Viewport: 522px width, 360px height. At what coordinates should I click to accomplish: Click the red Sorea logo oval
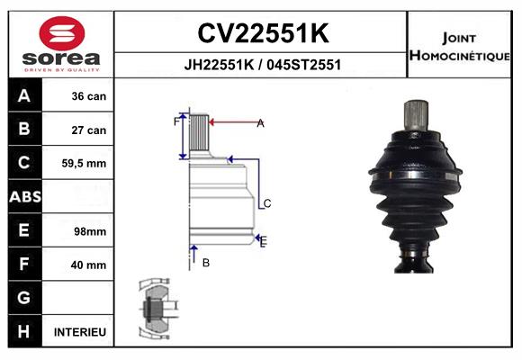(x=62, y=33)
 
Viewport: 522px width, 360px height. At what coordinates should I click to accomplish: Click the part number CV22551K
(x=263, y=32)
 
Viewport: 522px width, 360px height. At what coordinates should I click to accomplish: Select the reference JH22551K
(x=219, y=65)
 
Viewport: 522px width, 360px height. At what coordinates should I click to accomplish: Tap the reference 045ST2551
(x=304, y=65)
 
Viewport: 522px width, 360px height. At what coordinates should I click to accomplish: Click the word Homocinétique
(x=460, y=55)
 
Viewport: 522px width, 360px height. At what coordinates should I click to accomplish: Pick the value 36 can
(x=89, y=96)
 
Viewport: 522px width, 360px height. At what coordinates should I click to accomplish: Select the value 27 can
(x=89, y=130)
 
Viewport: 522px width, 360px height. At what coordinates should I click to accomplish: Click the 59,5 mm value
(x=84, y=164)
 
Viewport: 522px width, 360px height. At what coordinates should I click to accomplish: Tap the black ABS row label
(x=25, y=196)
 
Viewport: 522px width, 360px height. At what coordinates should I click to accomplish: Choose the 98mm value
(x=90, y=231)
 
